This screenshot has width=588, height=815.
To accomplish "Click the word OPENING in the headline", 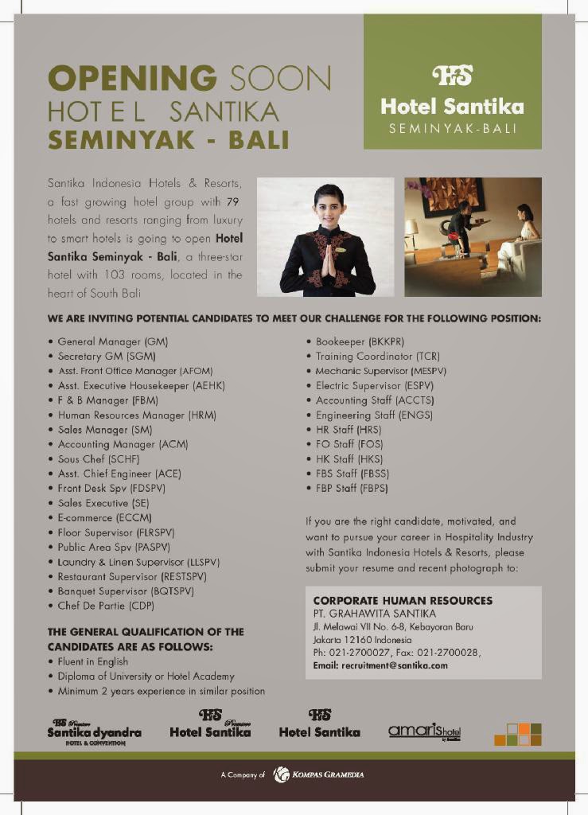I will pyautogui.click(x=132, y=78).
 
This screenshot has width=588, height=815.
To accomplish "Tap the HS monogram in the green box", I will pyautogui.click(x=452, y=75).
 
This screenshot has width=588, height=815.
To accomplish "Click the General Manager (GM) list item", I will pyautogui.click(x=112, y=341).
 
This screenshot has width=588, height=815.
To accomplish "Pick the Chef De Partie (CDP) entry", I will pyautogui.click(x=106, y=606).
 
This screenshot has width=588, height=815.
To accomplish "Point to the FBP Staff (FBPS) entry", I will pyautogui.click(x=352, y=488).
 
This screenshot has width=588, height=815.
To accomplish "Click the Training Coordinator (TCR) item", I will pyautogui.click(x=377, y=356).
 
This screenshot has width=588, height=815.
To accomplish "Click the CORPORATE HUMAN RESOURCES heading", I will pyautogui.click(x=403, y=600).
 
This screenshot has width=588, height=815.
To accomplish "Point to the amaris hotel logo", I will pyautogui.click(x=424, y=731).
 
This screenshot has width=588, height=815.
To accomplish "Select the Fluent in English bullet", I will pyautogui.click(x=92, y=661).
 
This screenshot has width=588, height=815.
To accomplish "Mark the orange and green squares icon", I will pyautogui.click(x=517, y=734).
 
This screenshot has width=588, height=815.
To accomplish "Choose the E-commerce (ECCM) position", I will pyautogui.click(x=104, y=517).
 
